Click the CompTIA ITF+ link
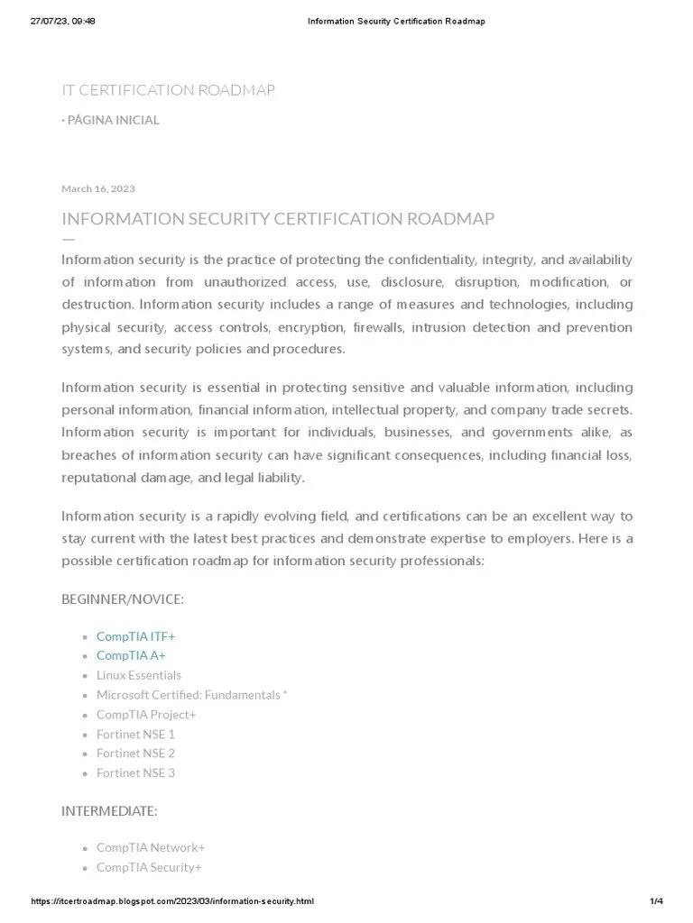(x=135, y=636)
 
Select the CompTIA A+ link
(x=131, y=655)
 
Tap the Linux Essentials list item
(x=139, y=675)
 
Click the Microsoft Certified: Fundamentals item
(x=191, y=695)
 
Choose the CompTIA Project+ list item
(x=146, y=715)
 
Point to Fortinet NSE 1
(x=135, y=734)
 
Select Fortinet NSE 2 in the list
(x=135, y=753)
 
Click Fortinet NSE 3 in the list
(x=135, y=772)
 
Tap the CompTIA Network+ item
(x=151, y=847)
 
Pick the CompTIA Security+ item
(x=149, y=867)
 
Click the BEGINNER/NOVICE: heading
(x=123, y=599)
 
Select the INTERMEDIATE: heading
(x=109, y=811)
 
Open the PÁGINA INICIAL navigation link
(x=113, y=120)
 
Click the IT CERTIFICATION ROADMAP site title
(x=168, y=90)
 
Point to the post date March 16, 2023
(x=98, y=188)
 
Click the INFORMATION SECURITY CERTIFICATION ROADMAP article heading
(x=278, y=219)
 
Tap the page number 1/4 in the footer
(x=656, y=901)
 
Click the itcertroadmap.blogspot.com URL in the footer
(x=172, y=901)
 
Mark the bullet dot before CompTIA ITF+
(x=84, y=637)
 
